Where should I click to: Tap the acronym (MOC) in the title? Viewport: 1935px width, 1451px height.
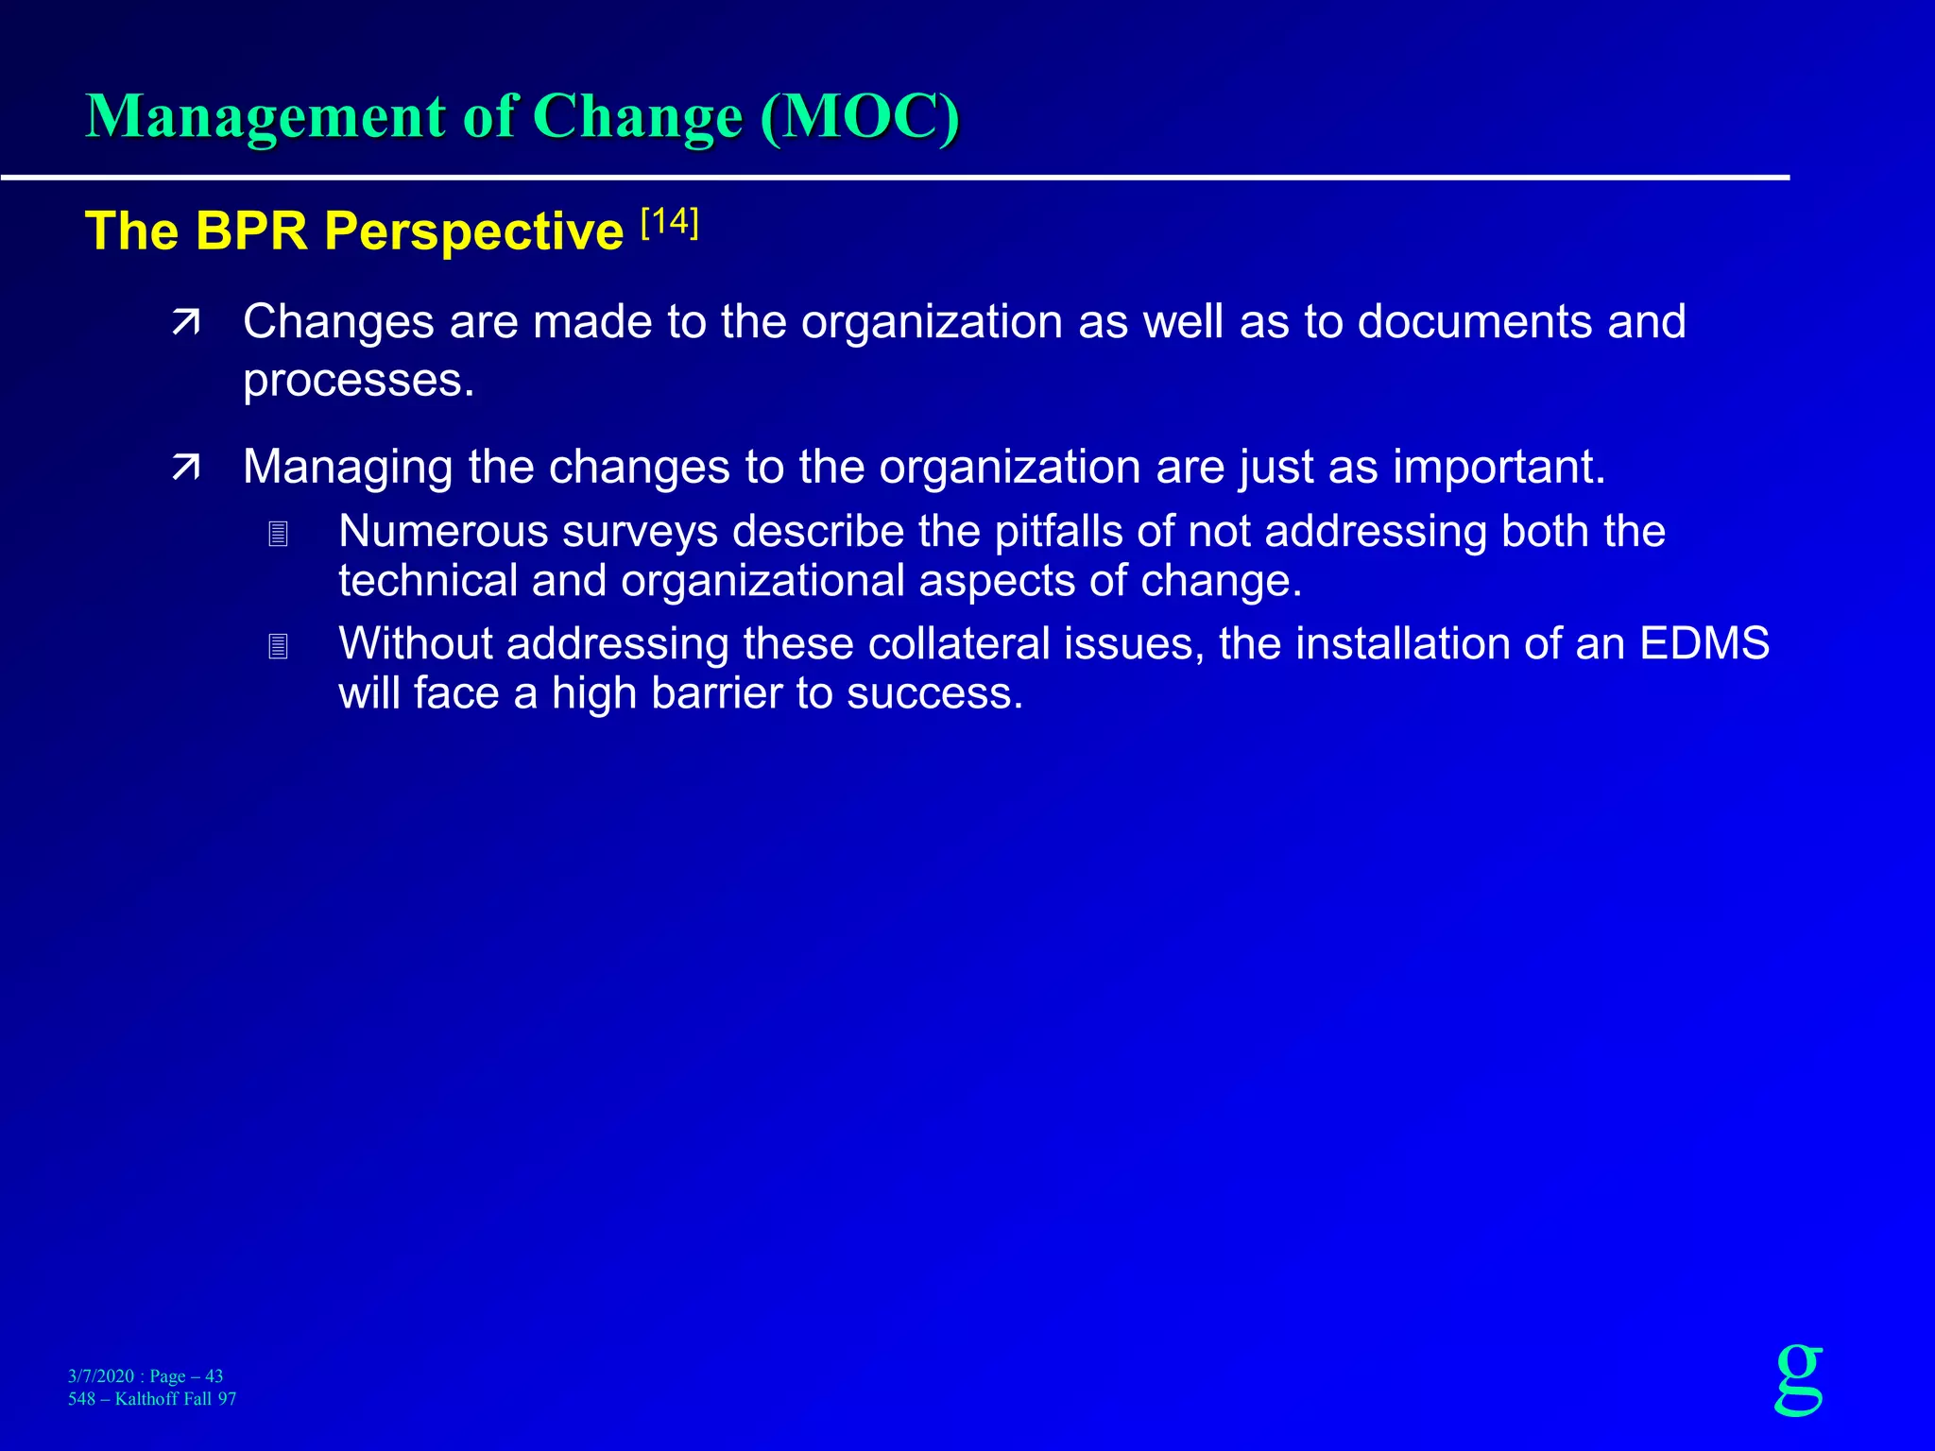click(859, 117)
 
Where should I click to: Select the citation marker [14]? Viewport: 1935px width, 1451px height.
click(669, 224)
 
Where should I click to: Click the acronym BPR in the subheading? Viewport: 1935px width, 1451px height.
click(251, 231)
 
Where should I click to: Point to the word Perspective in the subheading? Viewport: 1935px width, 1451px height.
click(473, 232)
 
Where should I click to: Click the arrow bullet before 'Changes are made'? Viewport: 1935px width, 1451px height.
click(186, 324)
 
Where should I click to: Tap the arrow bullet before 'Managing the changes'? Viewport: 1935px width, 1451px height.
click(186, 468)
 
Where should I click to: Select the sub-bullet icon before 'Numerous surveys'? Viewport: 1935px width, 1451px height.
click(278, 535)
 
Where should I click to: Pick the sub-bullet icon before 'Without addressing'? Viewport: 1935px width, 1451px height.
click(278, 647)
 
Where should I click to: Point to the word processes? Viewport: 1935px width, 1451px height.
click(358, 381)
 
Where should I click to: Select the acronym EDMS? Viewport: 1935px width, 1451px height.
click(1704, 644)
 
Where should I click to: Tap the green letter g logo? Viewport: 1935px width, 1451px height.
click(1799, 1378)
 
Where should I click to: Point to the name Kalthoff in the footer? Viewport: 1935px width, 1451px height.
click(152, 1399)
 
